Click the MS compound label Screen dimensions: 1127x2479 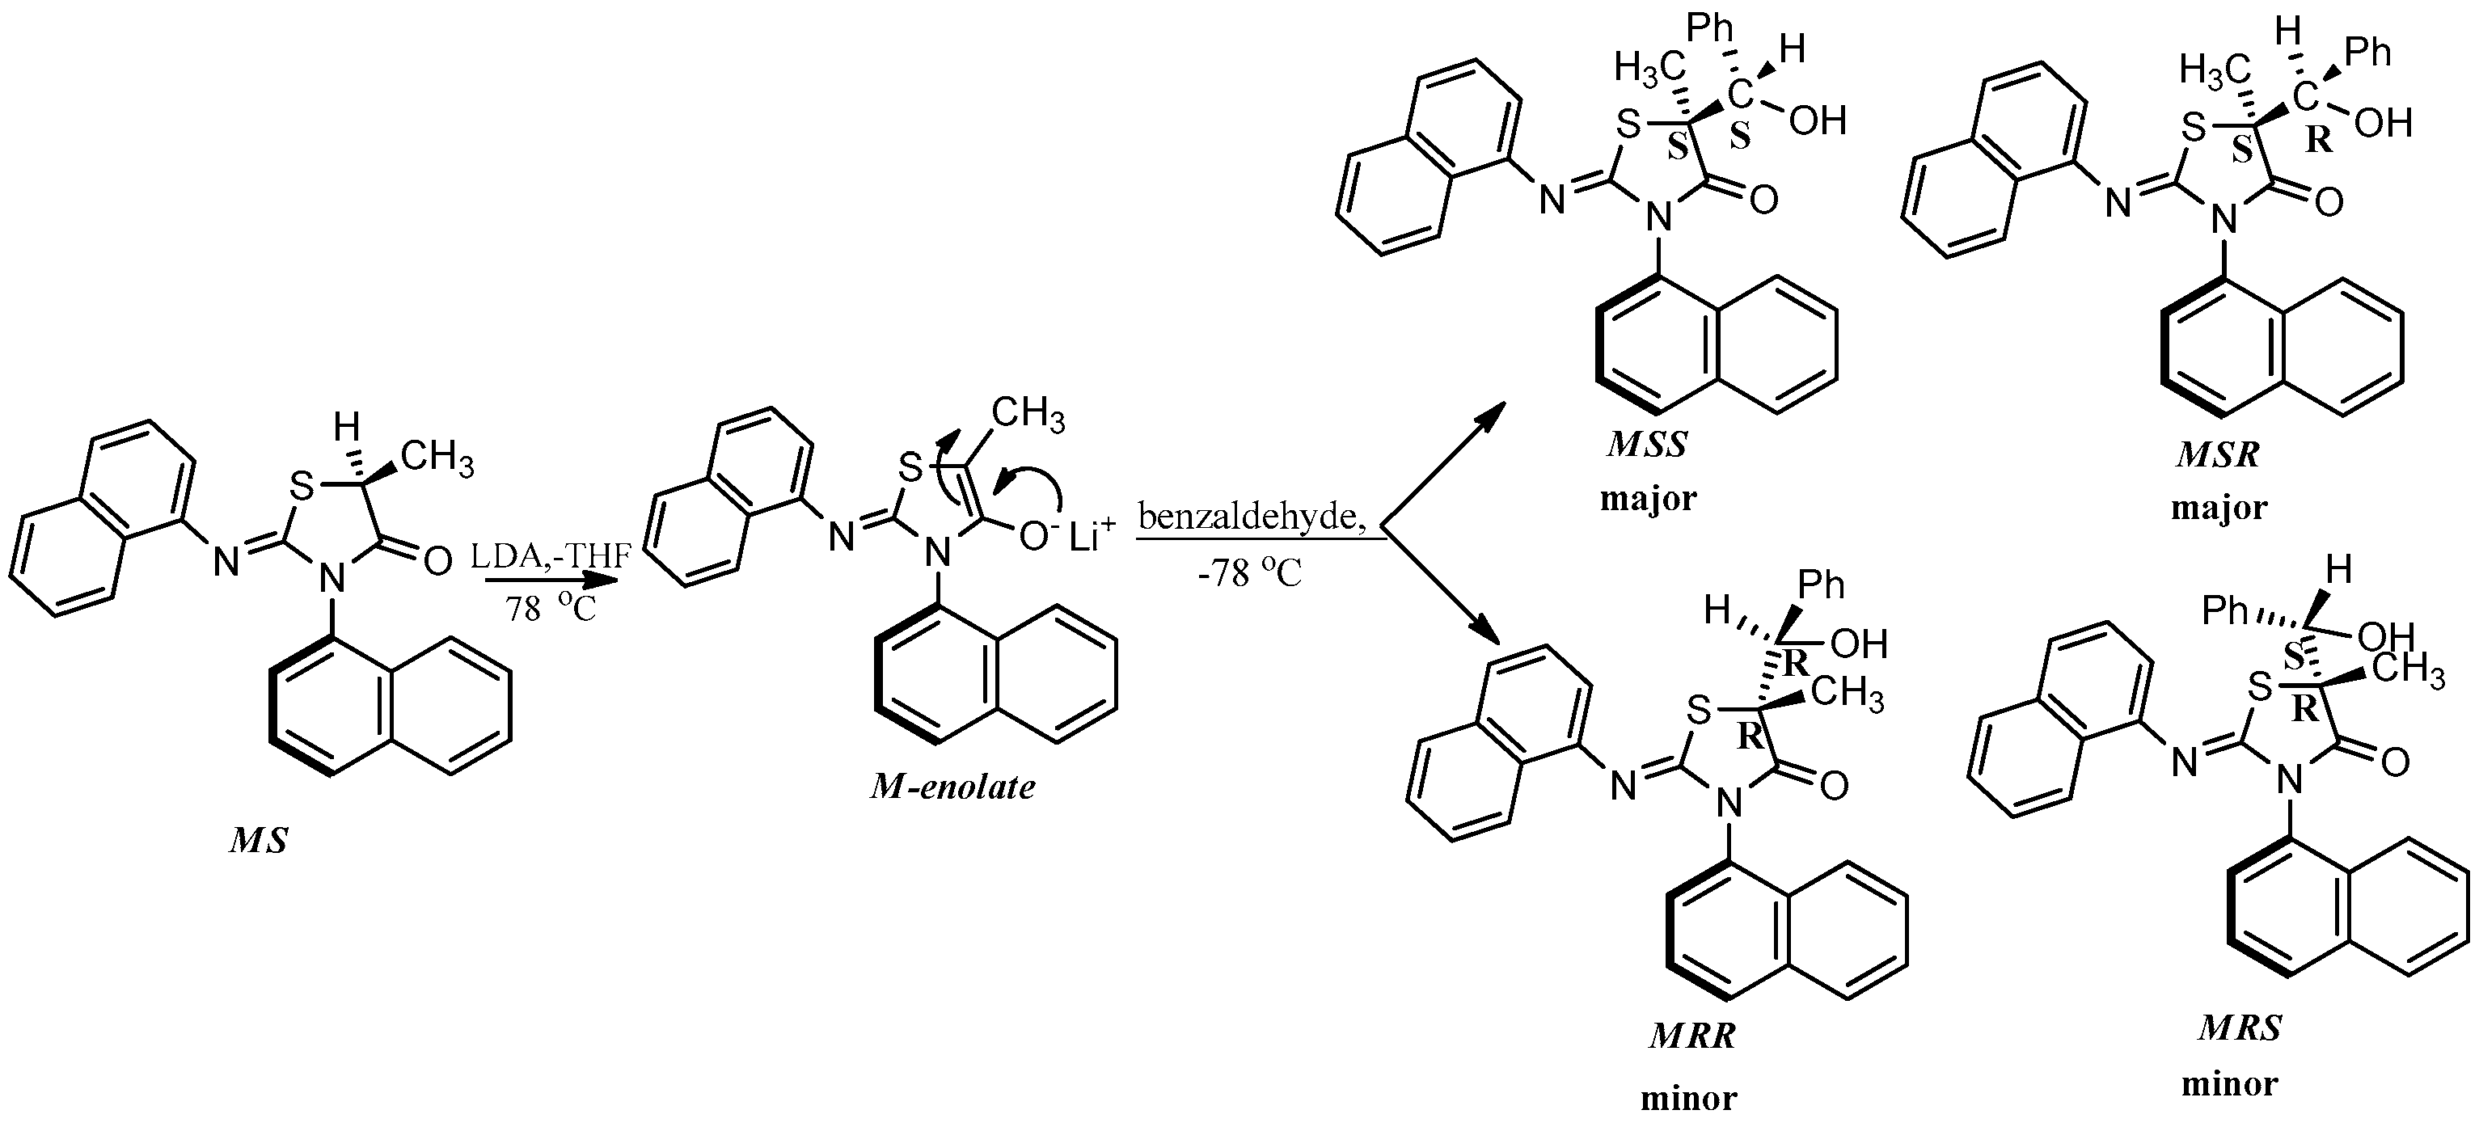(259, 841)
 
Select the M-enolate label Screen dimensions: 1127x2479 (952, 787)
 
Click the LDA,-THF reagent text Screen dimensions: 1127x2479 (551, 556)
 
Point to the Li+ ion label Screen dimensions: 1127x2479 (1092, 535)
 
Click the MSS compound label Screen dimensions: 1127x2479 (1648, 445)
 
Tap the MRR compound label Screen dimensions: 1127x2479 (1693, 1036)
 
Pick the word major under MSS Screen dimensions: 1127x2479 (1649, 499)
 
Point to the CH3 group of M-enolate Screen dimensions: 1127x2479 (1028, 415)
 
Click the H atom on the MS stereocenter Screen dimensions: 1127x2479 (348, 425)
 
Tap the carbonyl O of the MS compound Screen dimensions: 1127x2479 (437, 561)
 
